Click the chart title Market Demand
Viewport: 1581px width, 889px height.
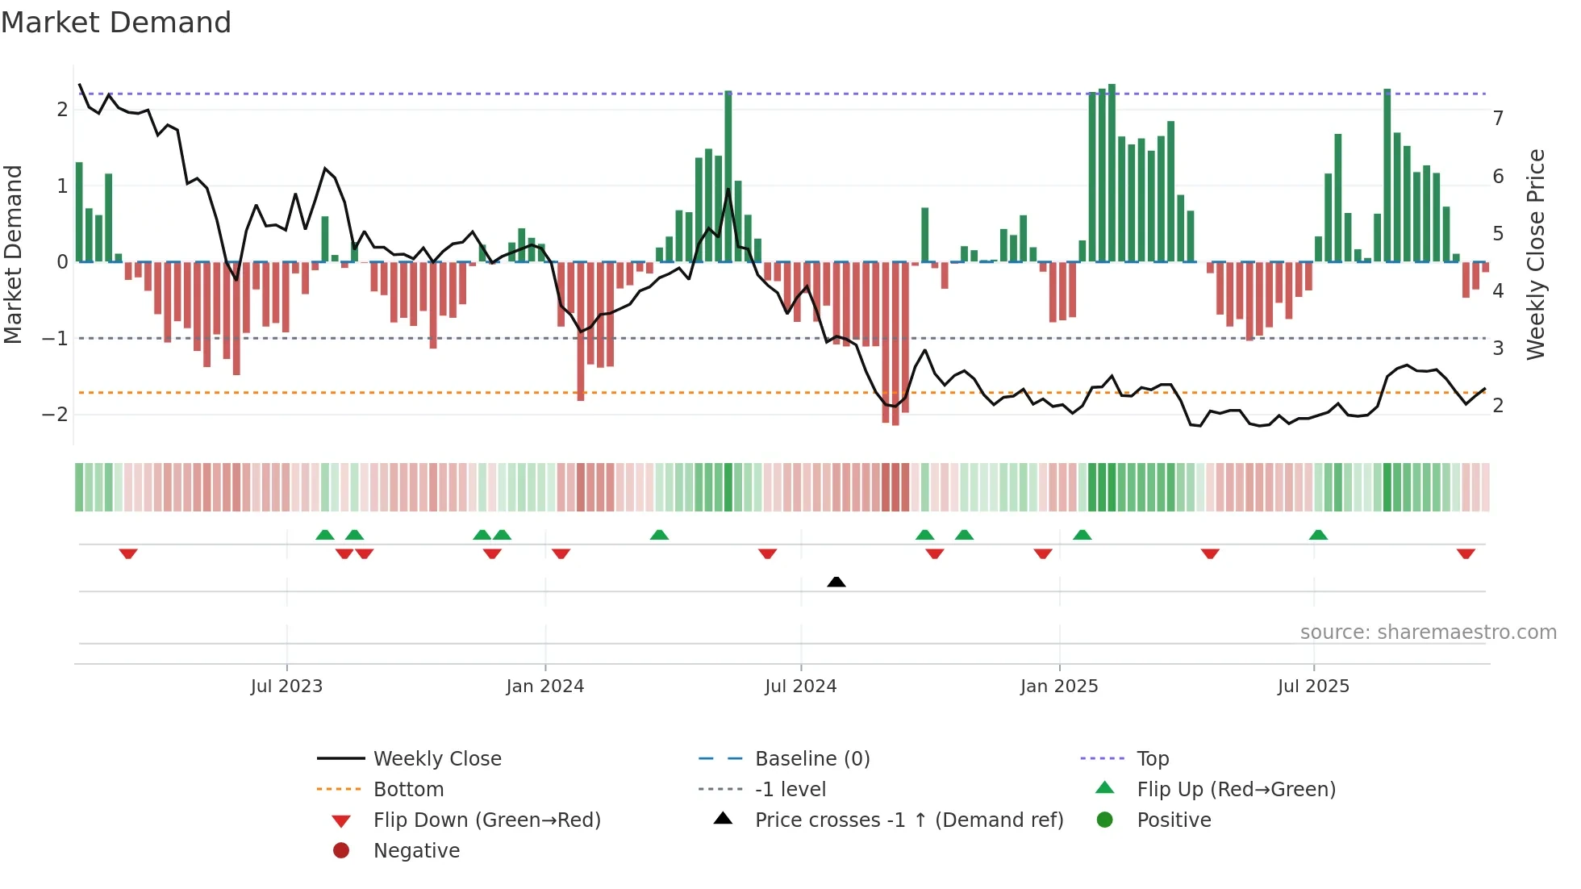[x=116, y=23]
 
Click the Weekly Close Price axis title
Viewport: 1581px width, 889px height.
[x=1536, y=254]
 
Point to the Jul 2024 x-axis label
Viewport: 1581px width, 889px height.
[x=800, y=687]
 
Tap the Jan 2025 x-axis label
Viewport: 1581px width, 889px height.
[x=1058, y=687]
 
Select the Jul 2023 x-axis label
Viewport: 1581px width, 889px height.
[x=286, y=687]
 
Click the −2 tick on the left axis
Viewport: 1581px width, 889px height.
[x=55, y=415]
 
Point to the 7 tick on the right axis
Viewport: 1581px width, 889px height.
[x=1498, y=119]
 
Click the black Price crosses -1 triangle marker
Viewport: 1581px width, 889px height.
[x=836, y=582]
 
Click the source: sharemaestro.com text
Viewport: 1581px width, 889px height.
[x=1428, y=632]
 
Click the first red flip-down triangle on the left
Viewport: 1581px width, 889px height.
[x=128, y=553]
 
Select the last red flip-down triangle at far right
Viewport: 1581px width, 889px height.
[x=1466, y=553]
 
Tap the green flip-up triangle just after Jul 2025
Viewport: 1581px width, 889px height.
[x=1318, y=535]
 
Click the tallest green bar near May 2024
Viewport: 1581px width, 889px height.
[x=728, y=177]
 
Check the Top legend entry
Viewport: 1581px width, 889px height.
[x=1152, y=759]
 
